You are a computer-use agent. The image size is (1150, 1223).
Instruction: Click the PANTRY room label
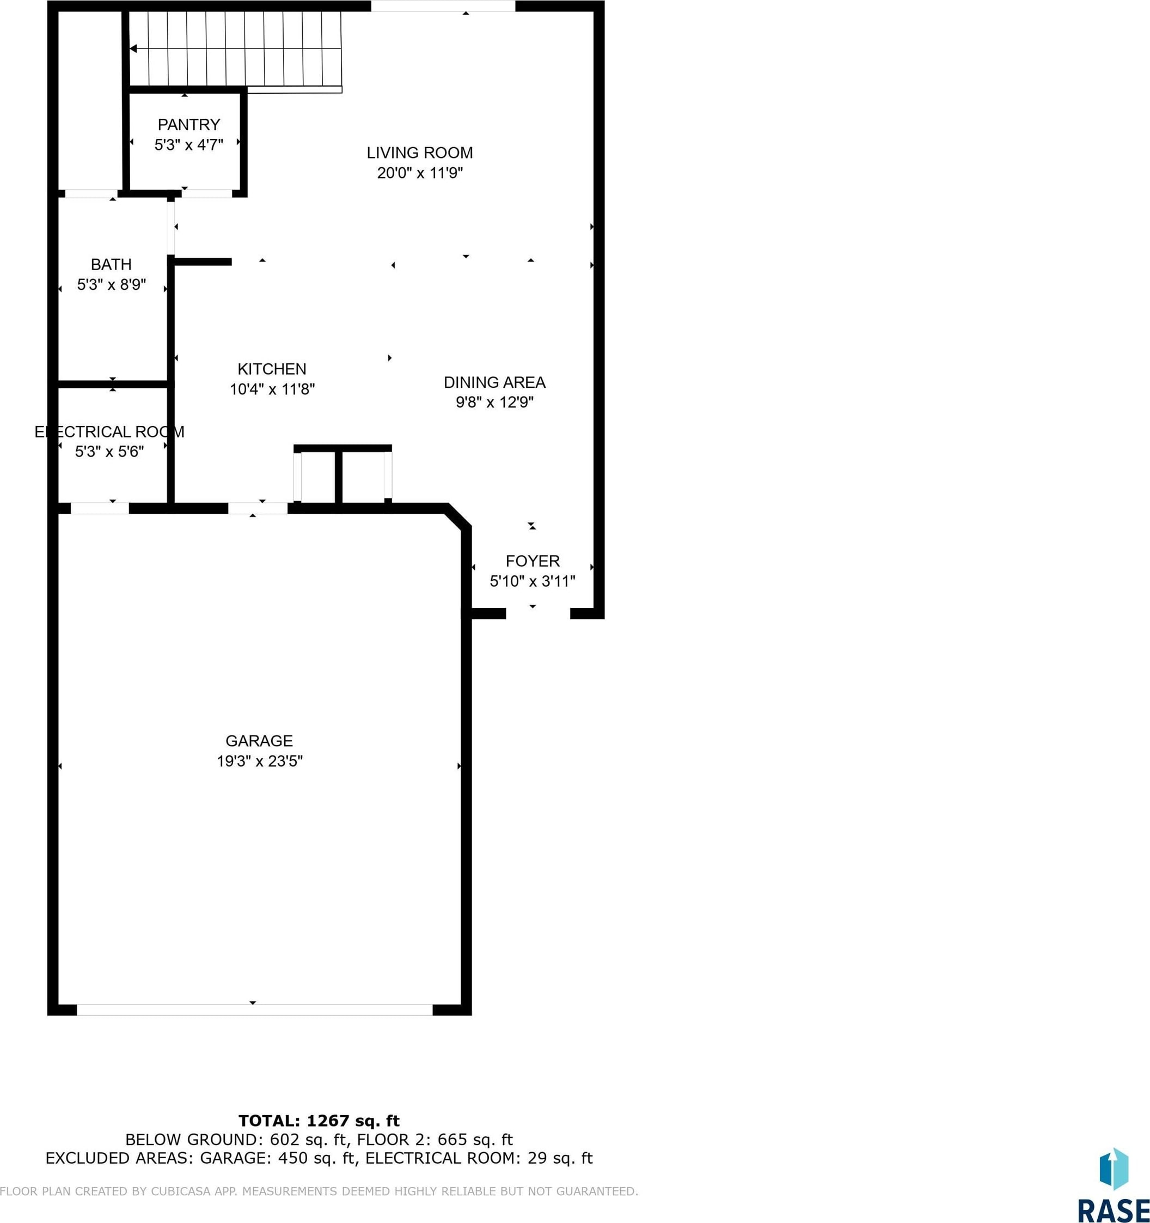[189, 125]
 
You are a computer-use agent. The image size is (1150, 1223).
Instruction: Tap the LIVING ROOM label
[420, 153]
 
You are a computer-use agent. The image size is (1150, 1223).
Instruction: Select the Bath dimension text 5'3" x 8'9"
[111, 285]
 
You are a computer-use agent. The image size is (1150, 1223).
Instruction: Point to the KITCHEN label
[272, 369]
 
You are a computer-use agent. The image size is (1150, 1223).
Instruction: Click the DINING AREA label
[494, 382]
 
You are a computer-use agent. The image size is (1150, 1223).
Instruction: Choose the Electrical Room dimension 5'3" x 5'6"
[109, 452]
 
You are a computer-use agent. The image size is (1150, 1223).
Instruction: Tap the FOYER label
[533, 561]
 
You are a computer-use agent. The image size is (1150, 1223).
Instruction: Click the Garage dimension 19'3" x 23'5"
[260, 761]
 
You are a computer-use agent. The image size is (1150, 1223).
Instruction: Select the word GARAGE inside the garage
[259, 741]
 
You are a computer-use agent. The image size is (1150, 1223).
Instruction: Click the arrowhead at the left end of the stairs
[133, 48]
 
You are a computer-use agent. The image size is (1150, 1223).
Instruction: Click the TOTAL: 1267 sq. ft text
[319, 1120]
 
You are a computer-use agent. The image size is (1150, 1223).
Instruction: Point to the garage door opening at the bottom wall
[255, 1009]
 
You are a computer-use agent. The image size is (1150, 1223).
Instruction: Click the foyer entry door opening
[538, 613]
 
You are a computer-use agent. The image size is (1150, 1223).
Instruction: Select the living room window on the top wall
[443, 6]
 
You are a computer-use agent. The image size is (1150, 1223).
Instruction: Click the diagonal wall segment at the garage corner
[459, 515]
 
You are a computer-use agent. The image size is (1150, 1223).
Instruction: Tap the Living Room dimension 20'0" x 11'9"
[420, 173]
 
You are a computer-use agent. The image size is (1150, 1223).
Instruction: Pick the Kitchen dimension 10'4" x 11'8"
[272, 389]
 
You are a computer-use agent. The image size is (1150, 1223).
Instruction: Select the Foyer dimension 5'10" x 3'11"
[533, 581]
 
